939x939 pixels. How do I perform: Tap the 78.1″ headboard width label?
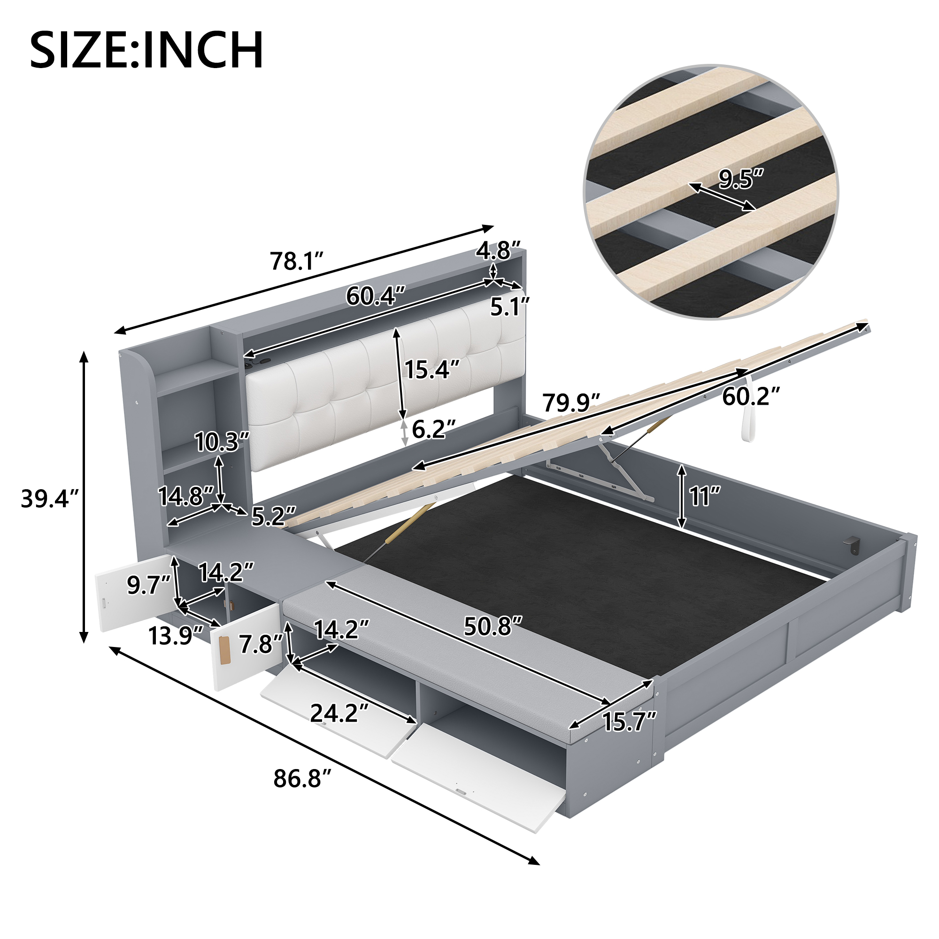click(x=297, y=262)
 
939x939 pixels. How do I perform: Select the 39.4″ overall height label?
click(x=50, y=499)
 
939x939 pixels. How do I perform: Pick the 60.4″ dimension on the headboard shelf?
click(x=375, y=295)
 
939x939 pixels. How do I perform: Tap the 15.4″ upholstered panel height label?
click(x=432, y=369)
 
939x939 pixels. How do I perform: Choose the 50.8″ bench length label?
click(x=493, y=626)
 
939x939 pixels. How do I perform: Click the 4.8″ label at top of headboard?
click(x=499, y=251)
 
